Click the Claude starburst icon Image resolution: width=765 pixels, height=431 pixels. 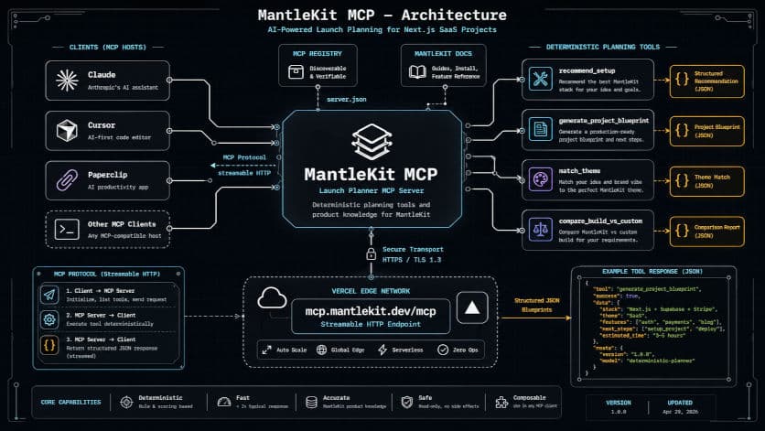tap(67, 81)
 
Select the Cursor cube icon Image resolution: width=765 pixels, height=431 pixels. tap(67, 131)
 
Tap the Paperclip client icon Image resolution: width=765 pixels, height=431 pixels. tap(67, 180)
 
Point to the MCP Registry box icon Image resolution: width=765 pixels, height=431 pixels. tap(296, 73)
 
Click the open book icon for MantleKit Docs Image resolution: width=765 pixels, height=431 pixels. tap(418, 73)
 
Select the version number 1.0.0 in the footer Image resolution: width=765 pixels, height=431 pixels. tap(619, 411)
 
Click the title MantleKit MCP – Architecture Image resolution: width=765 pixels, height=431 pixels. tap(382, 15)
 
